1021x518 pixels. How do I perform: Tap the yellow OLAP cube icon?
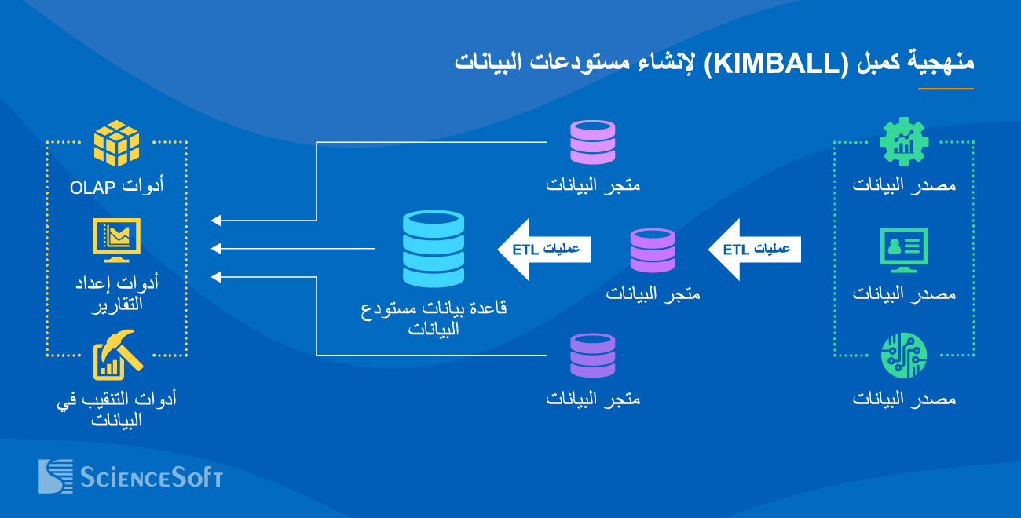coord(116,144)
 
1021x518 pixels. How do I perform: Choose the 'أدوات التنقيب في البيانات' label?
coord(116,409)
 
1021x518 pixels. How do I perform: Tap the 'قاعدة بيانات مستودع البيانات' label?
coord(433,317)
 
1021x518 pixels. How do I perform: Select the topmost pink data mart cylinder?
coord(593,142)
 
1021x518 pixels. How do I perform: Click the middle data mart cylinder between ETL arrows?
coord(653,250)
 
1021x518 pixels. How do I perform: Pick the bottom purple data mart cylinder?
coord(593,356)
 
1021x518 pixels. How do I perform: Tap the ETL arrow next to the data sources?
coord(754,250)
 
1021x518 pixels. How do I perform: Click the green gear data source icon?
coord(903,142)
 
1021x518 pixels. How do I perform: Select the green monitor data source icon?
coord(903,250)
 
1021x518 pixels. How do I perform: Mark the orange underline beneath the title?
coord(946,89)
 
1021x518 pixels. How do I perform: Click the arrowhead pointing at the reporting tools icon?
coord(217,249)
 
